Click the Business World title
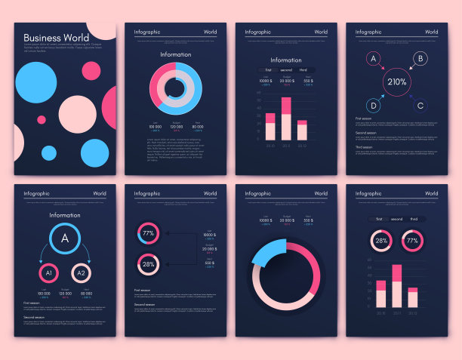pyautogui.click(x=55, y=38)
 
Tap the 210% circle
pyautogui.click(x=397, y=82)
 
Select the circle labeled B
pyautogui.click(x=420, y=58)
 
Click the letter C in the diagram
pyautogui.click(x=420, y=106)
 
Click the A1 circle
pyautogui.click(x=48, y=272)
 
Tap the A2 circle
pyautogui.click(x=81, y=272)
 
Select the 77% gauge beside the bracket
pyautogui.click(x=149, y=233)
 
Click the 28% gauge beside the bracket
pyautogui.click(x=149, y=264)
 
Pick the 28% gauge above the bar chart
pyautogui.click(x=381, y=242)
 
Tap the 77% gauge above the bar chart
pyautogui.click(x=412, y=242)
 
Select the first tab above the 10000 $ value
pyautogui.click(x=268, y=70)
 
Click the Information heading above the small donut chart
pyautogui.click(x=175, y=54)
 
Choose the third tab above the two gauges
pyautogui.click(x=414, y=219)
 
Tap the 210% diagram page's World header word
pyautogui.click(x=431, y=32)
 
